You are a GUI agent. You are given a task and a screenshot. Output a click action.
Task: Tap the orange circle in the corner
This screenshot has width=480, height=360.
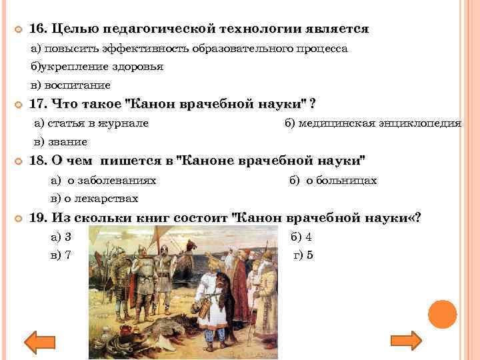pyautogui.click(x=441, y=314)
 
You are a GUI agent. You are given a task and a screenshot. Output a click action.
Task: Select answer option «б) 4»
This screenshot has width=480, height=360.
pyautogui.click(x=301, y=237)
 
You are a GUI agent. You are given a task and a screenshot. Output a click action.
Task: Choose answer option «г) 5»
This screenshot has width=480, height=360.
pyautogui.click(x=303, y=255)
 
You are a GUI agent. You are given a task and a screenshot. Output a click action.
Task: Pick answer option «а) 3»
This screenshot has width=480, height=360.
pyautogui.click(x=61, y=237)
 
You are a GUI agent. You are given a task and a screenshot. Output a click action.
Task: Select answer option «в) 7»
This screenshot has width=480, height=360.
pyautogui.click(x=61, y=255)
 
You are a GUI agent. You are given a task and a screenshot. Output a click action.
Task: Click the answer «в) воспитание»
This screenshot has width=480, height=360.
pyautogui.click(x=70, y=85)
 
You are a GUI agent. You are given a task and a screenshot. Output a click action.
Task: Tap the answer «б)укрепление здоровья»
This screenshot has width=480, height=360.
pyautogui.click(x=97, y=67)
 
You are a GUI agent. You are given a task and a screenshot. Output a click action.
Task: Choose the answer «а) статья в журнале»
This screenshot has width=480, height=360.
pyautogui.click(x=91, y=123)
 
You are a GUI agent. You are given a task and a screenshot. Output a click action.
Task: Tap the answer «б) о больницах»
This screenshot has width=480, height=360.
pyautogui.click(x=333, y=180)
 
